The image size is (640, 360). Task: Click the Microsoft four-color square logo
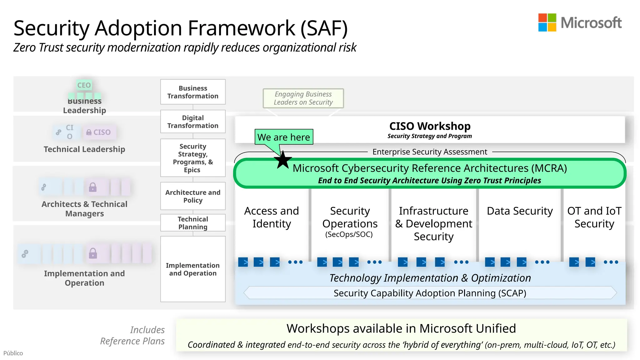pyautogui.click(x=547, y=22)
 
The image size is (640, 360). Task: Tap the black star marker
pyautogui.click(x=283, y=160)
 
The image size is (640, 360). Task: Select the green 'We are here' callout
pyautogui.click(x=283, y=137)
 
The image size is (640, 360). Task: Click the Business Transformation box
pyautogui.click(x=193, y=92)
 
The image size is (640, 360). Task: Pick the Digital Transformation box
pyautogui.click(x=193, y=122)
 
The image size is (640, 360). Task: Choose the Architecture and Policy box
pyautogui.click(x=193, y=196)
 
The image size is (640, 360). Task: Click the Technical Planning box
pyautogui.click(x=193, y=223)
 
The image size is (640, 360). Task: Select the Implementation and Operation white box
pyautogui.click(x=193, y=269)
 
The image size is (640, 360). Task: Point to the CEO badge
pyautogui.click(x=84, y=85)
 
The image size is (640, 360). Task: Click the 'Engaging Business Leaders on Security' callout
pyautogui.click(x=303, y=98)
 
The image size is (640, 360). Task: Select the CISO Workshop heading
pyautogui.click(x=430, y=126)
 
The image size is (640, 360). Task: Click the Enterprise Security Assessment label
pyautogui.click(x=430, y=152)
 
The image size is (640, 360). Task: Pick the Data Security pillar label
pyautogui.click(x=520, y=211)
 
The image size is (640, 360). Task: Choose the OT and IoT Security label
pyautogui.click(x=594, y=217)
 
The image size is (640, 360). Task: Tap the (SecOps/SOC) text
pyautogui.click(x=349, y=234)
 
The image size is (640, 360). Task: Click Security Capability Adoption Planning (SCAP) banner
pyautogui.click(x=430, y=293)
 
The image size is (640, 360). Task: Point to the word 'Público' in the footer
pyautogui.click(x=13, y=353)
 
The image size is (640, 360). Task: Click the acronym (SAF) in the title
pyautogui.click(x=324, y=28)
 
